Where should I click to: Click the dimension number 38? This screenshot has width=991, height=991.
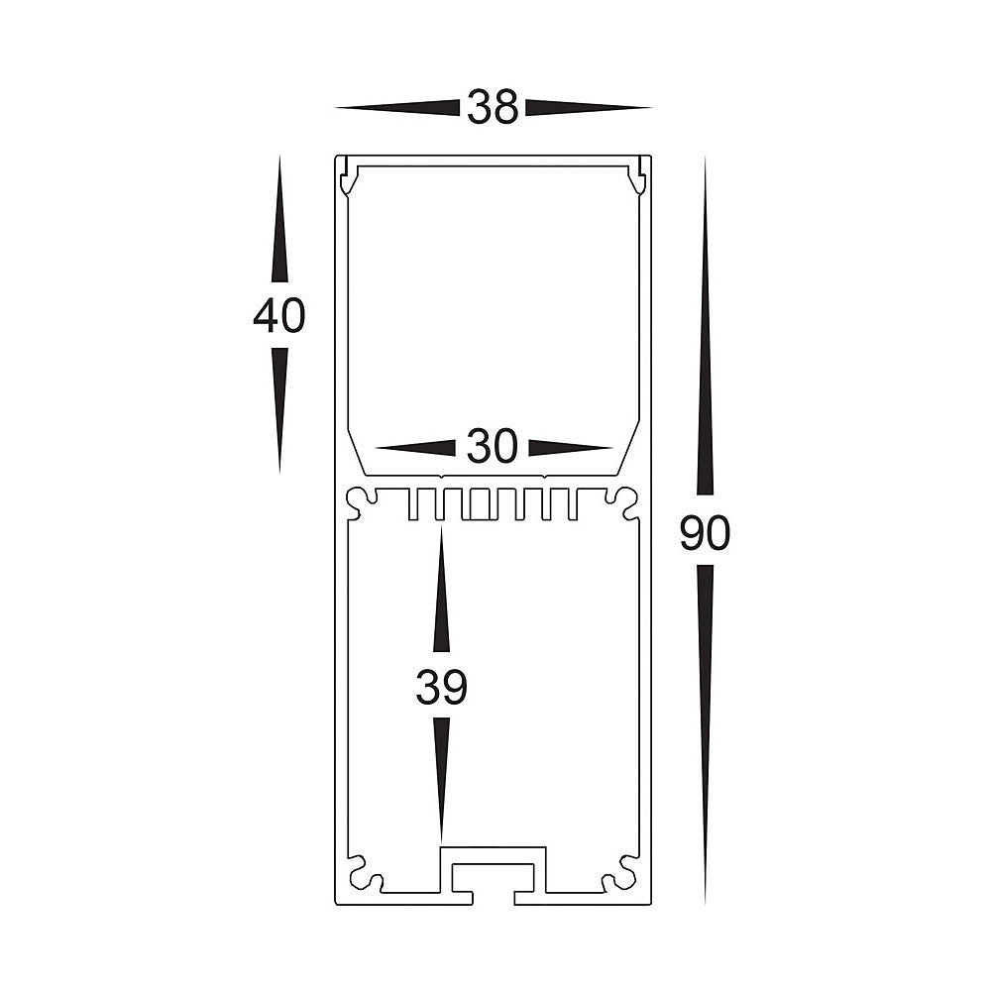(x=493, y=107)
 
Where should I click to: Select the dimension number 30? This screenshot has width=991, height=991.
(x=493, y=448)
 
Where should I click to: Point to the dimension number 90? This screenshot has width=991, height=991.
(x=705, y=535)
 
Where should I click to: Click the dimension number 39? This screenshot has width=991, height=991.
(x=441, y=688)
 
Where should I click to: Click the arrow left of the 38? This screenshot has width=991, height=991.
(x=396, y=107)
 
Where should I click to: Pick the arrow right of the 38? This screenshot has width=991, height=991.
(x=587, y=107)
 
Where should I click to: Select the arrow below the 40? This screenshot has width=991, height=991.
(x=278, y=406)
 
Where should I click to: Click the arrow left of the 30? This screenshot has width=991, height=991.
(x=416, y=448)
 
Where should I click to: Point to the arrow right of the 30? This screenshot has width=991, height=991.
(x=569, y=448)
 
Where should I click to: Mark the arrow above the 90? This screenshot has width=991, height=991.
(x=705, y=327)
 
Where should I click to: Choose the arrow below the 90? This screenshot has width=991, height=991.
(x=705, y=733)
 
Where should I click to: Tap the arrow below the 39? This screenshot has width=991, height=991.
(x=441, y=778)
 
